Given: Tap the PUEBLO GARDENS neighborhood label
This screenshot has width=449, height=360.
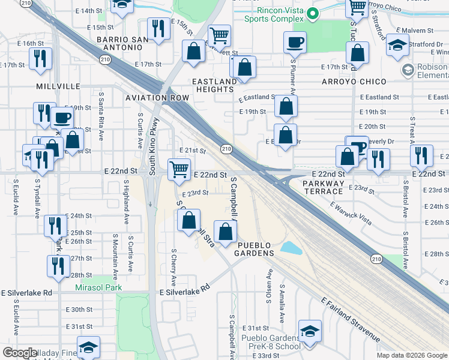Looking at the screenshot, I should [x=255, y=249].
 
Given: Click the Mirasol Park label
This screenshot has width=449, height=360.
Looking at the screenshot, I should [x=98, y=287].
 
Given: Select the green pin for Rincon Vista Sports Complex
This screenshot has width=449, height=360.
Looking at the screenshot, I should [x=311, y=13].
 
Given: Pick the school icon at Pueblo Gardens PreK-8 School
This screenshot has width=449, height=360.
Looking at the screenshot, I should [x=310, y=332].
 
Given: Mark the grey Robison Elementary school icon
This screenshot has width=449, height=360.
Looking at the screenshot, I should [x=408, y=70].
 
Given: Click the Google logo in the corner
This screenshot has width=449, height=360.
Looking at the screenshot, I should [x=20, y=353].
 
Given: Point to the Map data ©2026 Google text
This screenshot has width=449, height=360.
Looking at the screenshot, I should [x=412, y=355].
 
